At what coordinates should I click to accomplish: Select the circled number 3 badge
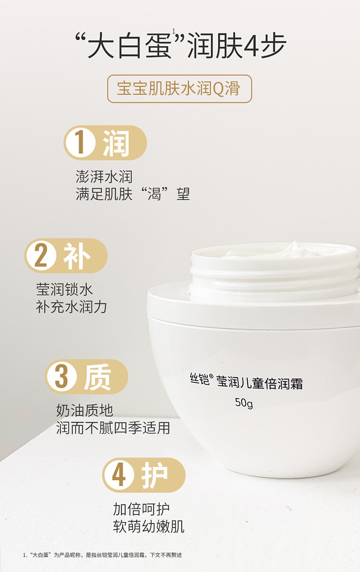tap(61, 377)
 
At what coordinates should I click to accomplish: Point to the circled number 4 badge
tap(119, 475)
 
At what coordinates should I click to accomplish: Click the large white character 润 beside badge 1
tap(116, 143)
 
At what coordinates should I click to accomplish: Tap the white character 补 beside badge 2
tap(76, 256)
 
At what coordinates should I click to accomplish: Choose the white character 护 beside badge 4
tap(155, 475)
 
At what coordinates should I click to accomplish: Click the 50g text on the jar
tap(244, 402)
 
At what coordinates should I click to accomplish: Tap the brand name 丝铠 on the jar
tap(197, 382)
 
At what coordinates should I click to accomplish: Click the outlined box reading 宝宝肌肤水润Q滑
tap(179, 89)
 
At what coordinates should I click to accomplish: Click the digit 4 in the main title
tap(252, 46)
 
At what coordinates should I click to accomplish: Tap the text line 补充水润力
tap(72, 306)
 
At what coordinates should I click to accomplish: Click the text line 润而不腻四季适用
tap(113, 427)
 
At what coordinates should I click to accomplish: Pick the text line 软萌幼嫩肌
tap(149, 526)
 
